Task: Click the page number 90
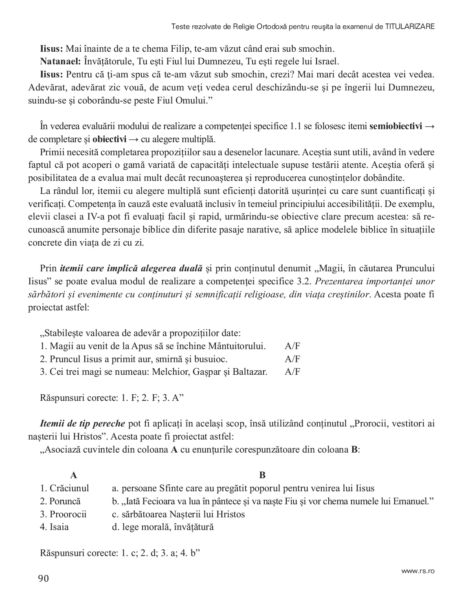click(x=43, y=579)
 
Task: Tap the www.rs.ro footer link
click(x=418, y=571)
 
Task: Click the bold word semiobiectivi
click(x=395, y=126)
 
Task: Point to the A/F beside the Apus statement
click(x=292, y=346)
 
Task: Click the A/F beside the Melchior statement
click(x=292, y=372)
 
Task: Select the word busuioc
click(x=211, y=359)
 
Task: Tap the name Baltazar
click(x=249, y=372)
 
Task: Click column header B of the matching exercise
click(x=262, y=475)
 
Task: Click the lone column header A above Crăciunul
click(x=74, y=475)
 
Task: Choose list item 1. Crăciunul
click(x=64, y=488)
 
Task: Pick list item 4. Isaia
click(x=55, y=527)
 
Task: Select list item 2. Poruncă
click(x=60, y=501)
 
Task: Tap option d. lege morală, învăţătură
click(x=163, y=527)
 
